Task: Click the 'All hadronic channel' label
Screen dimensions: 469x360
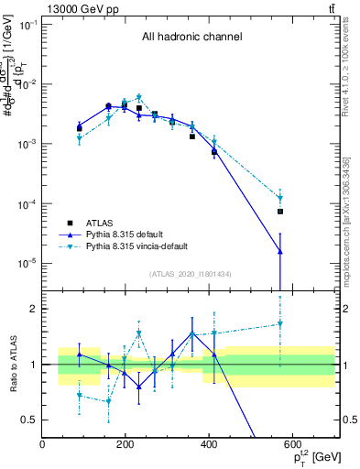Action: [191, 38]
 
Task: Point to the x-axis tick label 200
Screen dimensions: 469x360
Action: [125, 444]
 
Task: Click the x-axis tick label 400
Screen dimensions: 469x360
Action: [209, 444]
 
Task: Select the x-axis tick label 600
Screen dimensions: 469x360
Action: [292, 444]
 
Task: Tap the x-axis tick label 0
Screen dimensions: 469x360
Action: [42, 444]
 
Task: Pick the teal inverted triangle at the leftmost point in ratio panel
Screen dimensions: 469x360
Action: [80, 395]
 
